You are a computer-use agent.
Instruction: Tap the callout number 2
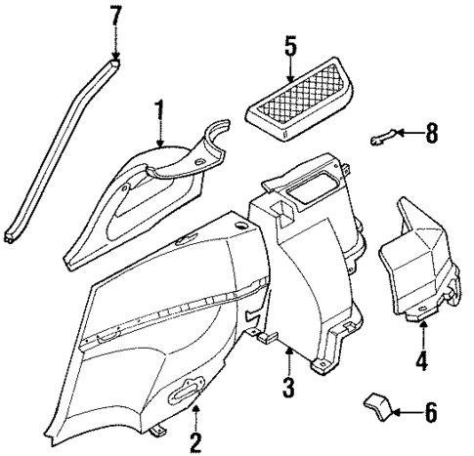[x=195, y=442]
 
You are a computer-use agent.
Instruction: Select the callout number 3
[x=288, y=386]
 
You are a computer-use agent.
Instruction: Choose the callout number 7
[x=116, y=17]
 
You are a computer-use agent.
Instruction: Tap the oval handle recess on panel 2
[x=181, y=394]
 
